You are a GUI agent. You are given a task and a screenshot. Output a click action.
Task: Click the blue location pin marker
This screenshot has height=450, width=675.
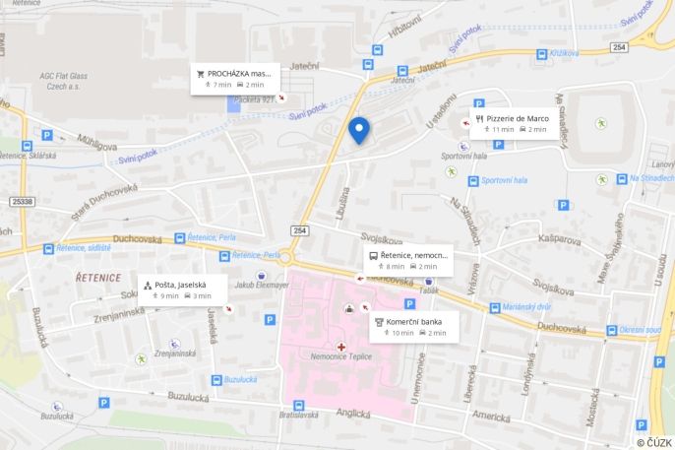(359, 129)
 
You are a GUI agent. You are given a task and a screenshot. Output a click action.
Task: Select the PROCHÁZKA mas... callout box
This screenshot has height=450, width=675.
(235, 79)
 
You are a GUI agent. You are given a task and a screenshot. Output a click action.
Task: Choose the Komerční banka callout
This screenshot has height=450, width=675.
(413, 327)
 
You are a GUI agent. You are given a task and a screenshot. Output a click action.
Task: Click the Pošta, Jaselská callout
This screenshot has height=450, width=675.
(182, 289)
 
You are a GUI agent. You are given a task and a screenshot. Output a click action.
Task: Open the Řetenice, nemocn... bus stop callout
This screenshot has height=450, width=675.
(407, 260)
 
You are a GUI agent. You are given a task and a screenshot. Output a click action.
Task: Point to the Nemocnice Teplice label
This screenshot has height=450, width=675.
(339, 356)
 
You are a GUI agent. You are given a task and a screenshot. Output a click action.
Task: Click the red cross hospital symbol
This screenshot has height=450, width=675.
(341, 346)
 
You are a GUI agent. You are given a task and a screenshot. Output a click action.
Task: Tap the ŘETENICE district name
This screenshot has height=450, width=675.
(98, 278)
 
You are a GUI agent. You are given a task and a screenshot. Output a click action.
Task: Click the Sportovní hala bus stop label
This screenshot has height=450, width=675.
(506, 180)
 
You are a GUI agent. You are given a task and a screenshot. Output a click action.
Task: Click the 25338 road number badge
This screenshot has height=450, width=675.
(22, 201)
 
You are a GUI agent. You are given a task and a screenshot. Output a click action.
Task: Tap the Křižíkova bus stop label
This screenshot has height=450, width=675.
(564, 52)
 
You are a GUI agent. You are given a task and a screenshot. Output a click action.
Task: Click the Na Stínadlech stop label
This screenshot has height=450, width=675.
(648, 179)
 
